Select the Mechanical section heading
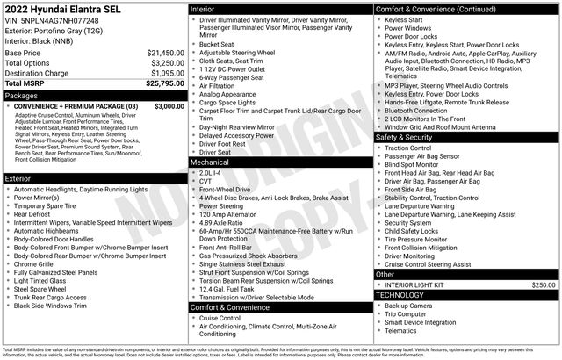coord(210,162)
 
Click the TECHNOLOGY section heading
coord(403,295)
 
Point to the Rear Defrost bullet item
coord(32,214)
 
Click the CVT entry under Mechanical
coord(206,181)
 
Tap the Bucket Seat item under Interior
coord(216,43)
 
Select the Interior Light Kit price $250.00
coord(544,285)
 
